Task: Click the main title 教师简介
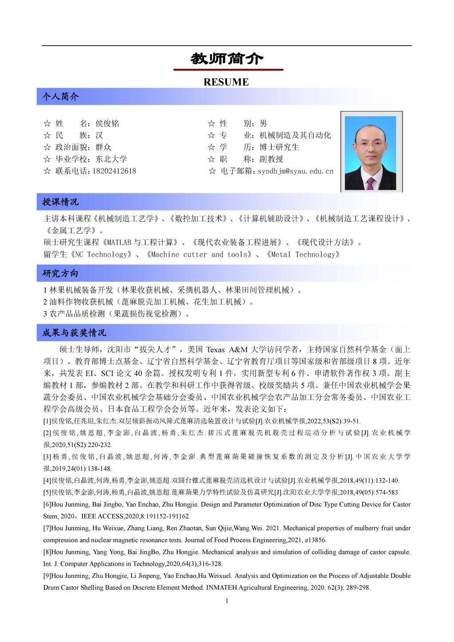coord(227,59)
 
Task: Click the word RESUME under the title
coord(226,82)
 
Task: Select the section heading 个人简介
coord(60,96)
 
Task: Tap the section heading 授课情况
coord(60,202)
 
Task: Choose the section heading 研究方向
coord(60,274)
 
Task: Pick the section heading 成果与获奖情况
coord(74,333)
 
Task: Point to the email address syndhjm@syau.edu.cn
coord(295,171)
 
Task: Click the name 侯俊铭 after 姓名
coord(107,123)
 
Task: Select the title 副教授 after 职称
coord(271,159)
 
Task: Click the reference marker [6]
coord(47,505)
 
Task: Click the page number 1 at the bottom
coord(227,601)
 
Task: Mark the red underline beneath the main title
coord(228,70)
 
